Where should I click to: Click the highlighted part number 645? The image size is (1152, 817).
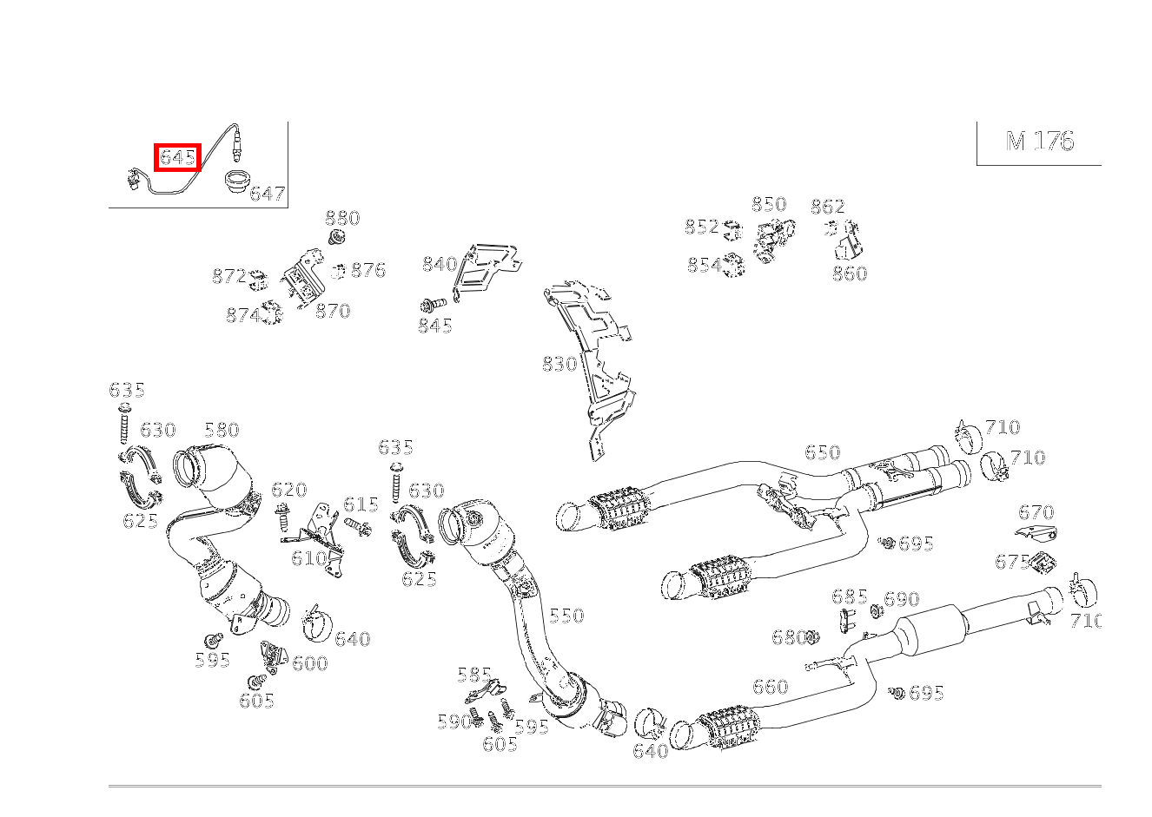pos(177,157)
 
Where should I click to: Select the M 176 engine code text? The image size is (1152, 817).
pos(1039,142)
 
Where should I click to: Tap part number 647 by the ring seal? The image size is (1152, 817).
pos(267,194)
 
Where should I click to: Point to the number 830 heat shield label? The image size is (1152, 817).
pos(559,364)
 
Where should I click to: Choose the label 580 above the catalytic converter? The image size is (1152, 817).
pos(221,430)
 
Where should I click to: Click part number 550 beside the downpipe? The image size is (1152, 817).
pos(566,616)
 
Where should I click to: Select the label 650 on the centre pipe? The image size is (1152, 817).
pos(821,452)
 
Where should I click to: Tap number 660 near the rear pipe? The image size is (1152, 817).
pos(769,687)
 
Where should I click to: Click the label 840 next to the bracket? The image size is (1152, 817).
pos(439,264)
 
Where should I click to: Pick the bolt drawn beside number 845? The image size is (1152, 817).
pos(432,304)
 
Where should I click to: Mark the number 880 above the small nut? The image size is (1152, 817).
pos(342,218)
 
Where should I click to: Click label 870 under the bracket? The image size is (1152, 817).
pos(332,311)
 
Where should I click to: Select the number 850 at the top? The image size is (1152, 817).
pos(768,204)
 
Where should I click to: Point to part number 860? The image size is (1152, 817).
pos(849,273)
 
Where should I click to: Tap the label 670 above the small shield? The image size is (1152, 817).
pos(1036,512)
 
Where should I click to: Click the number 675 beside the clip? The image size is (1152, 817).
pos(1011,562)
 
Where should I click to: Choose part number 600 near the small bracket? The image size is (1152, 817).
pos(309,663)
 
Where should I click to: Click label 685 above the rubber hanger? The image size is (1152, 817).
pos(849,596)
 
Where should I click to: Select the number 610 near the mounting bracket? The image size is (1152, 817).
pos(308,558)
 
